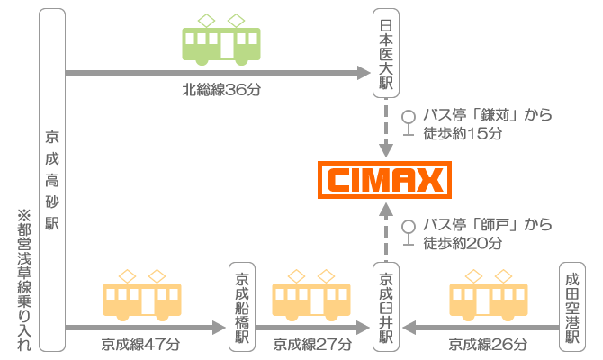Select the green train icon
tap(221, 40)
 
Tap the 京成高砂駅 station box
tap(52, 179)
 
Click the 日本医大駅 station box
tap(386, 52)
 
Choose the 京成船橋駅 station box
tap(241, 307)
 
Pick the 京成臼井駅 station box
tap(386, 307)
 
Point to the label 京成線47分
tap(140, 344)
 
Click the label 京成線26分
tap(488, 344)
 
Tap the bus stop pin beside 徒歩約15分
tap(409, 123)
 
